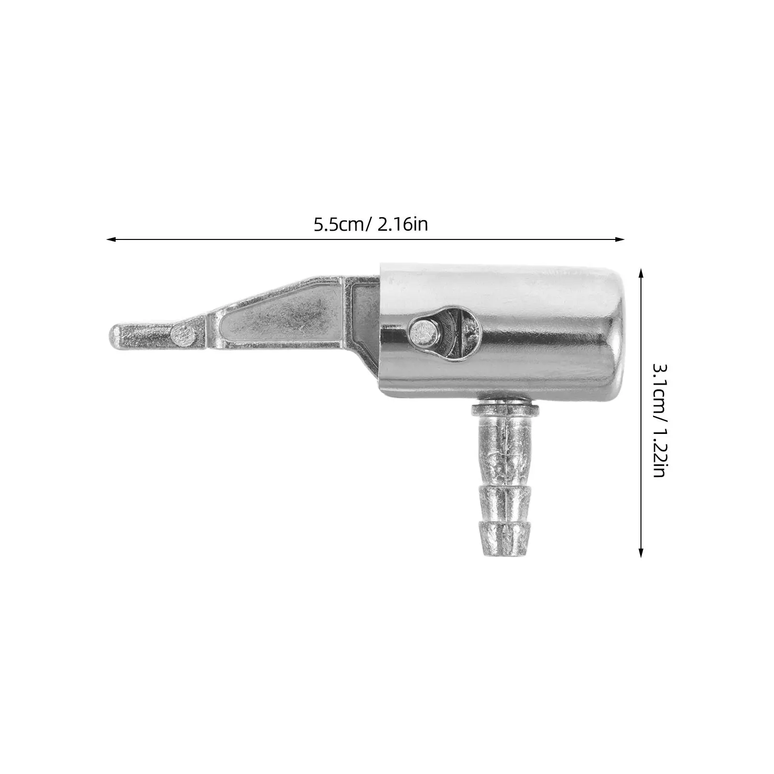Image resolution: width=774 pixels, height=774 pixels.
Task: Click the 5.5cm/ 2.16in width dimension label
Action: pos(371,224)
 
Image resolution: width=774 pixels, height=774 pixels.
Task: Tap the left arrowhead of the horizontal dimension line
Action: pos(111,238)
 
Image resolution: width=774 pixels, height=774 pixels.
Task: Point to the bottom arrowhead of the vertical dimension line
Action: pos(641,552)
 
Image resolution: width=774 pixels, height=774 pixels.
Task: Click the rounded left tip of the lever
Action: pos(115,334)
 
